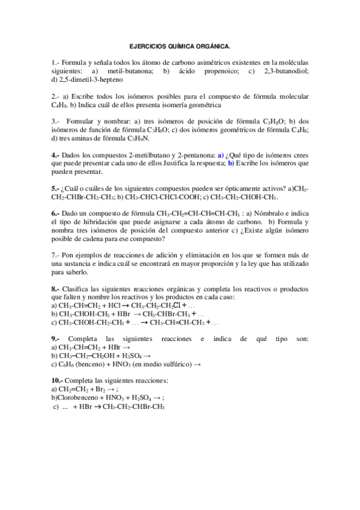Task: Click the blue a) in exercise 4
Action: pos(221,155)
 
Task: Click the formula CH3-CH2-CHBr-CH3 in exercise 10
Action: pos(133,407)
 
